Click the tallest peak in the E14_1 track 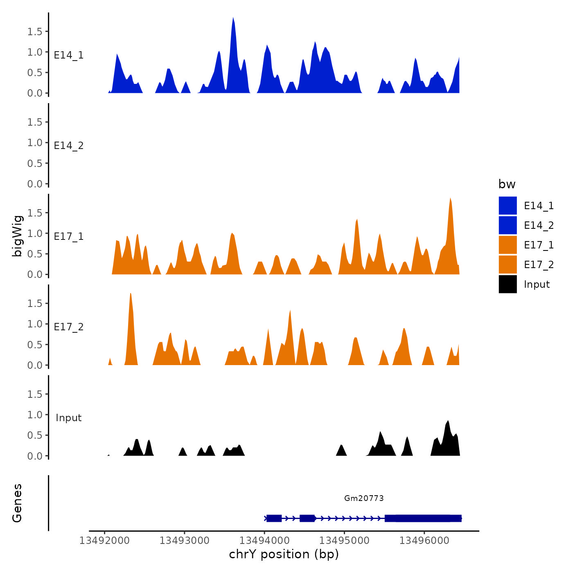(233, 20)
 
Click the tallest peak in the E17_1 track (450, 201)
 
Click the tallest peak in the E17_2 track (130, 296)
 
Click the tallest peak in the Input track (448, 423)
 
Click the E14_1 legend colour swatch (508, 205)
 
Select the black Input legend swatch (508, 284)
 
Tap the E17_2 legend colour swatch (508, 264)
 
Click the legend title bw (507, 184)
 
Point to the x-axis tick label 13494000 (264, 540)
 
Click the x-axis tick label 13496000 (424, 540)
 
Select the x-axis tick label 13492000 (104, 540)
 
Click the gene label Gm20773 (364, 498)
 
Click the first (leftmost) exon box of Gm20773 (274, 518)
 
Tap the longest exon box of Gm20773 (423, 518)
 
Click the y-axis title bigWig (17, 236)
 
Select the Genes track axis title (17, 503)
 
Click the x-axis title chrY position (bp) (284, 554)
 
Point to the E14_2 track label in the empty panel (69, 146)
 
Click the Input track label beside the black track (69, 418)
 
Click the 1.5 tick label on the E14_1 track (35, 32)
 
